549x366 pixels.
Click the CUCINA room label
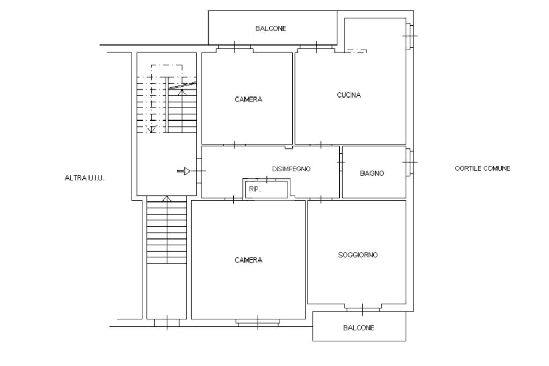(x=348, y=95)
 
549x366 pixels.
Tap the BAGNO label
(x=372, y=173)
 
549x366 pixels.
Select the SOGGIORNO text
(x=358, y=255)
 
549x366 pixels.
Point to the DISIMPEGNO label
(x=291, y=169)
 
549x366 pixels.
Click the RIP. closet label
(x=255, y=189)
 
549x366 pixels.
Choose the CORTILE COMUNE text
(x=483, y=168)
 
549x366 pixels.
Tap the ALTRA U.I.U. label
(x=84, y=178)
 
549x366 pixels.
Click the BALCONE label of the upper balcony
(x=271, y=28)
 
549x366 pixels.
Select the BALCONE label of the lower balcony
(x=359, y=328)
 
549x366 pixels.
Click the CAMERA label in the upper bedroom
(x=248, y=99)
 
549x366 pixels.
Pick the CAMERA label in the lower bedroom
(x=248, y=260)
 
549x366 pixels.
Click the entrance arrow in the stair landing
(x=184, y=171)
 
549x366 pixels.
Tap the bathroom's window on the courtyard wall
(x=410, y=162)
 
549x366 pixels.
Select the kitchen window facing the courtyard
(x=410, y=36)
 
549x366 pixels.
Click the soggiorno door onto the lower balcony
(x=363, y=309)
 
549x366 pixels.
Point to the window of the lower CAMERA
(x=258, y=323)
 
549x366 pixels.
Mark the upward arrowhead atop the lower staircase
(x=167, y=199)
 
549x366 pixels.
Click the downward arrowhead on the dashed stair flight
(x=151, y=130)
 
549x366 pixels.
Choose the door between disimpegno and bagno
(x=340, y=163)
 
